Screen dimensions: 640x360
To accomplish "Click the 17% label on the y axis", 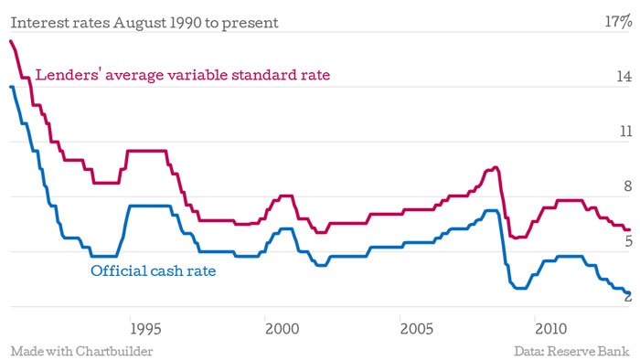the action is (x=618, y=21).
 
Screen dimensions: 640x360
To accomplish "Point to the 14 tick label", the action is (x=624, y=76).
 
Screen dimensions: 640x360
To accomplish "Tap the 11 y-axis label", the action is (x=625, y=132).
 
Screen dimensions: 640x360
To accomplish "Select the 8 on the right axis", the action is (x=628, y=186).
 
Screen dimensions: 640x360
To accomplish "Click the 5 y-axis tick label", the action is (x=629, y=241).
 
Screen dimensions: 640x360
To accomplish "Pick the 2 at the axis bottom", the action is (x=628, y=296).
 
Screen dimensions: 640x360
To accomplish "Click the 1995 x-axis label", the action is (x=145, y=329).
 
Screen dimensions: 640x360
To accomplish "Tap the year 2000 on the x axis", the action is (x=282, y=329).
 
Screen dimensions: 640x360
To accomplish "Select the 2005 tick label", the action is (x=416, y=329).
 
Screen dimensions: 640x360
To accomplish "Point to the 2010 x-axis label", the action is (x=551, y=329).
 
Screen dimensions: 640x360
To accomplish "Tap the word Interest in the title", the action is (x=39, y=23).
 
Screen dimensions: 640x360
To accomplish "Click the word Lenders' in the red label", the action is (x=69, y=75).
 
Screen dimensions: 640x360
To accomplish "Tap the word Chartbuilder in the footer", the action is (x=114, y=351).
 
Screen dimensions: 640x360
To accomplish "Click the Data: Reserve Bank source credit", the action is (x=571, y=351).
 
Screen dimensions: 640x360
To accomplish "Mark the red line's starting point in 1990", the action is (x=11, y=41).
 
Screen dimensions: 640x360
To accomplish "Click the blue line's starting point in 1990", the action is (x=11, y=87).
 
